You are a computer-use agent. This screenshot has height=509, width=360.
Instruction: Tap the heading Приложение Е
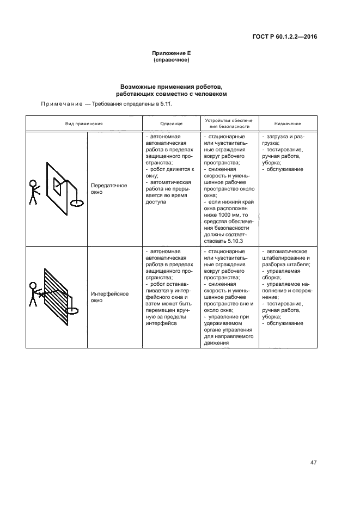click(172, 53)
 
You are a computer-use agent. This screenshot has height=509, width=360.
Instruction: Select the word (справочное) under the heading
click(172, 60)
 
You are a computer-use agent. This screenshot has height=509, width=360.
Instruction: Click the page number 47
click(314, 463)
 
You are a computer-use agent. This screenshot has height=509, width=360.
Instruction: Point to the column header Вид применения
click(84, 124)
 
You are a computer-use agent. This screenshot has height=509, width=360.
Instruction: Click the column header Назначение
click(286, 124)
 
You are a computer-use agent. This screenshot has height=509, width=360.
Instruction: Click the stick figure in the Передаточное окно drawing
click(34, 192)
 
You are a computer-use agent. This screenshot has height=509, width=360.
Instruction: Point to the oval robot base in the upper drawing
click(77, 202)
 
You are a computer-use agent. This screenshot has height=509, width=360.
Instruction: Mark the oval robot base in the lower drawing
click(72, 311)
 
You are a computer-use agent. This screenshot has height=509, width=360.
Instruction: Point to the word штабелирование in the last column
click(283, 259)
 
